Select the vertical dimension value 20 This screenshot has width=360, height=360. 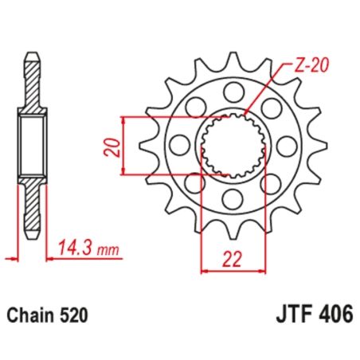(112, 146)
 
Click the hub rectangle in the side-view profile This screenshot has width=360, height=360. (32, 144)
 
